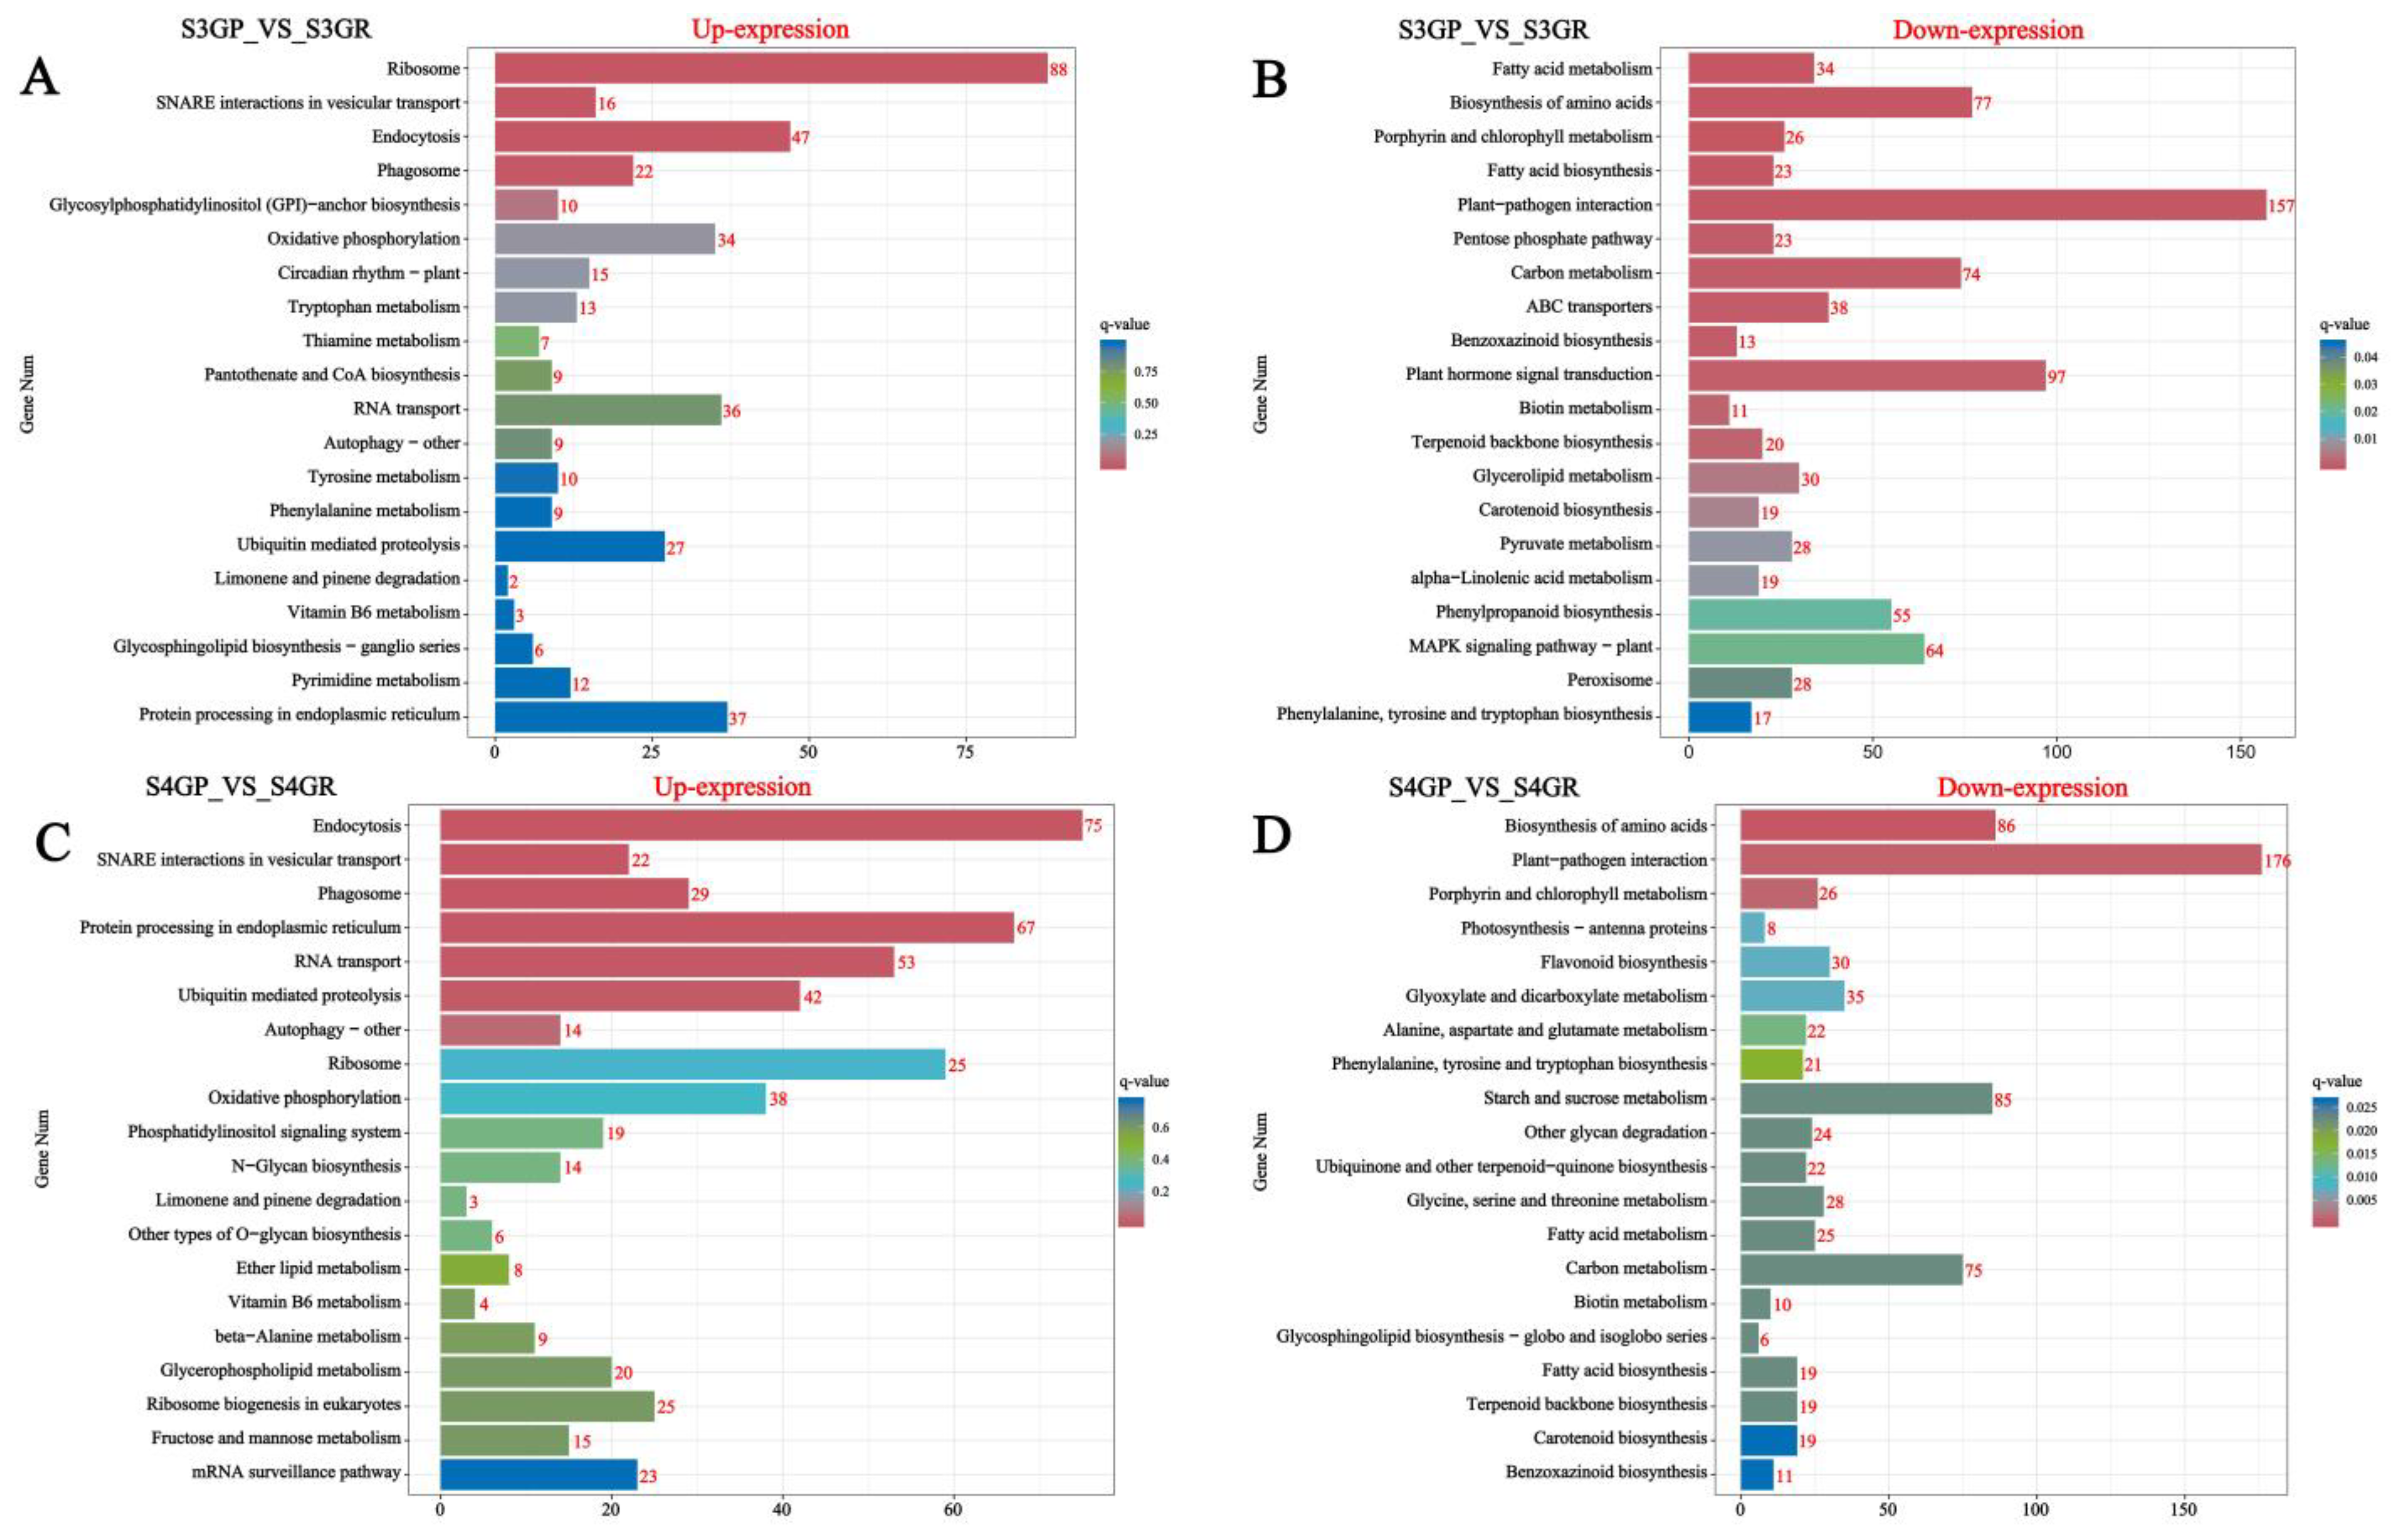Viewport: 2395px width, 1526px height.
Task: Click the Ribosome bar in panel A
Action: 771,69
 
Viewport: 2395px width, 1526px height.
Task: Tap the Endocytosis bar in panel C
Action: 761,826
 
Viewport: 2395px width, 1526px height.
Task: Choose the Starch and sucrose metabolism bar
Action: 1866,1098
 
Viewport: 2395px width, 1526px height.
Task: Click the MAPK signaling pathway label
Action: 1530,647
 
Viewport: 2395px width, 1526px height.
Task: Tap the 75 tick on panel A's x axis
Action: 964,753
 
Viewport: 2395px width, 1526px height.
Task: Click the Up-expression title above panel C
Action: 732,787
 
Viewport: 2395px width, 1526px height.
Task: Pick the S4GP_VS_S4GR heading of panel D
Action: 1483,787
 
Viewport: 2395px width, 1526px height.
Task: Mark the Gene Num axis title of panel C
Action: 42,1149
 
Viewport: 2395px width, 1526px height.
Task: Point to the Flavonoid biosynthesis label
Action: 1623,962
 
